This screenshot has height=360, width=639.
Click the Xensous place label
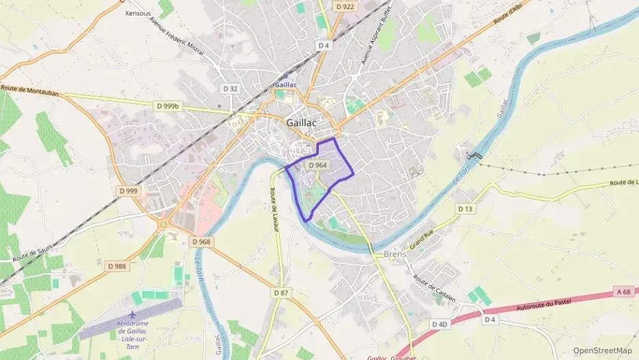[x=139, y=13]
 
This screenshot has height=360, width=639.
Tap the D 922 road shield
[x=345, y=6]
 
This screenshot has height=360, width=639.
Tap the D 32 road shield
[x=230, y=89]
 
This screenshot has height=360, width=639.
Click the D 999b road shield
[x=167, y=106]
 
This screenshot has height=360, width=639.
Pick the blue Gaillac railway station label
[x=285, y=85]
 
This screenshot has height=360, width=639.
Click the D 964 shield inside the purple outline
[x=317, y=165]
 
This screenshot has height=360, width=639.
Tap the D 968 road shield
[x=201, y=242]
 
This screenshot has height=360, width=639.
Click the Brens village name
[x=395, y=254]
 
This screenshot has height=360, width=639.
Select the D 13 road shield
[x=466, y=209]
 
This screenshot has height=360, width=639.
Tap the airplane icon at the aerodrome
[x=132, y=314]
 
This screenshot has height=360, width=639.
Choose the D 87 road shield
[x=281, y=292]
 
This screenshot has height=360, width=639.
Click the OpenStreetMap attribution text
[x=602, y=350]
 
